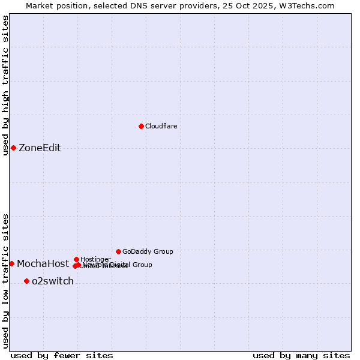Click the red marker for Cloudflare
coord(141,126)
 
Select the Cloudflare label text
coord(161,126)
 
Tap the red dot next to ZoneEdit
coord(13,148)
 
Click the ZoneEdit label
coord(40,148)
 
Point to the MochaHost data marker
coord(11,263)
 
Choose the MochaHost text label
coord(43,264)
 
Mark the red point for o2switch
coord(26,281)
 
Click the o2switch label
coord(53,281)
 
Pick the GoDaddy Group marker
coord(118,251)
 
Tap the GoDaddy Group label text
coord(148,251)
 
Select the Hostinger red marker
coord(76,259)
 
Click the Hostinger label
coord(95,259)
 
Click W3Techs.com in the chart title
coord(310,5)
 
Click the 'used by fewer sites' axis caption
coord(62,355)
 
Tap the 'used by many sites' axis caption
coord(301,355)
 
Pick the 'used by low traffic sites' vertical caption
coord(5,281)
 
